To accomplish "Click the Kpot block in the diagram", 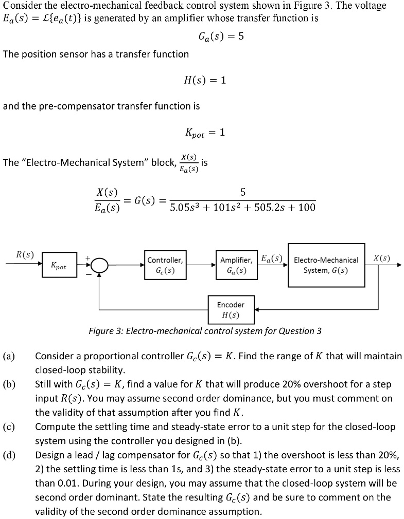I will click(x=59, y=266).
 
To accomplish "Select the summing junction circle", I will click(x=99, y=266).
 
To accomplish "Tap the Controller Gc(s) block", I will click(x=165, y=265).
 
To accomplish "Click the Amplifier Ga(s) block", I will click(x=236, y=265).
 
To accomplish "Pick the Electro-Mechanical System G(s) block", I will click(x=326, y=265).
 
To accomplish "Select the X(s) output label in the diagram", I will click(x=381, y=257).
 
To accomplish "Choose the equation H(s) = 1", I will click(x=205, y=80).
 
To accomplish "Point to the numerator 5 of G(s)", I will click(x=243, y=192).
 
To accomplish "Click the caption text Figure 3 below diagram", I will click(x=205, y=331).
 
